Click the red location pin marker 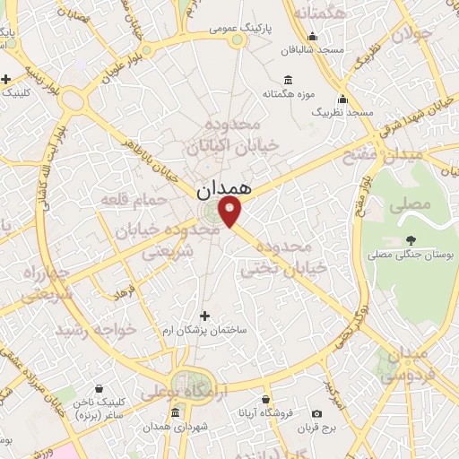pyautogui.click(x=231, y=212)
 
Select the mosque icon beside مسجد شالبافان pyautogui.click(x=312, y=37)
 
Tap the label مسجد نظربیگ pyautogui.click(x=342, y=114)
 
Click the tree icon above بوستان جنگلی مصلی pyautogui.click(x=411, y=239)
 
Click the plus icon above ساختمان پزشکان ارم pyautogui.click(x=205, y=316)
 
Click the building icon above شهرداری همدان pyautogui.click(x=174, y=412)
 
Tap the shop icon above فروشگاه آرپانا pyautogui.click(x=265, y=400)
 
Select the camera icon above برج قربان pyautogui.click(x=316, y=413)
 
